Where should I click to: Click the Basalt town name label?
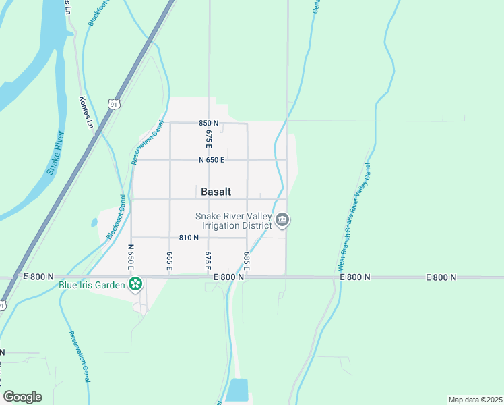pyautogui.click(x=216, y=192)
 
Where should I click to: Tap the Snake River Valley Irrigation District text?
pyautogui.click(x=232, y=221)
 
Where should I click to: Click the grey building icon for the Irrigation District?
pyautogui.click(x=283, y=220)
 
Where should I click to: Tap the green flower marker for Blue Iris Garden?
pyautogui.click(x=135, y=284)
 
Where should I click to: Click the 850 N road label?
pyautogui.click(x=209, y=124)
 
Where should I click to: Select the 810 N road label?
pyautogui.click(x=189, y=238)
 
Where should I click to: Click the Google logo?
pyautogui.click(x=22, y=397)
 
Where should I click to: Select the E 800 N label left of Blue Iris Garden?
pyautogui.click(x=38, y=277)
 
